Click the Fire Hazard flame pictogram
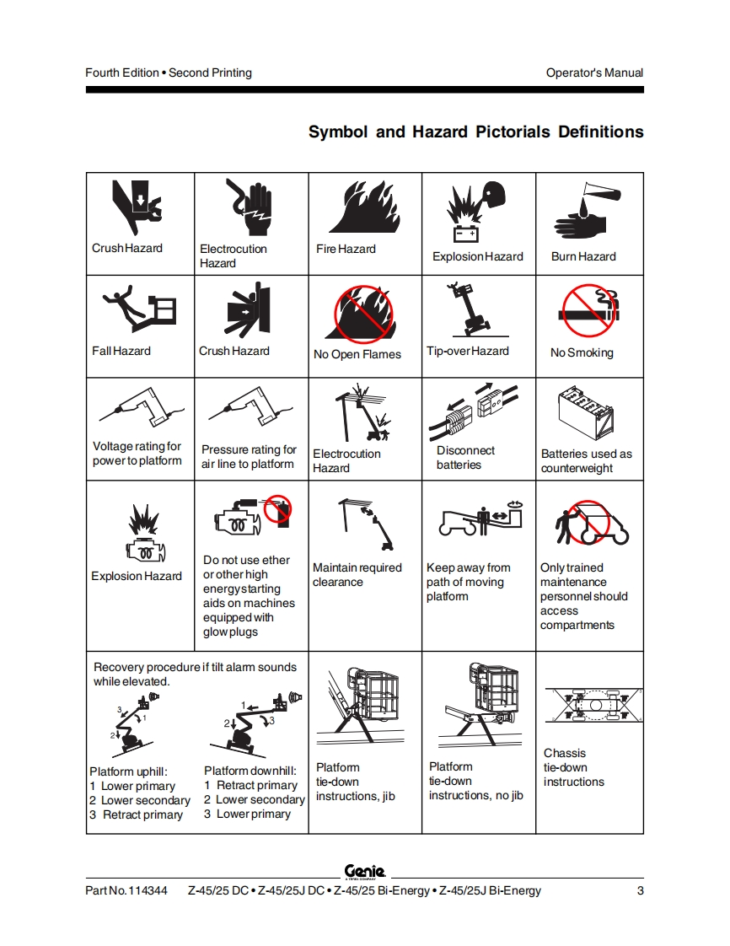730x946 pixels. pyautogui.click(x=364, y=207)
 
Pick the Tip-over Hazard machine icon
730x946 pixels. pyautogui.click(x=468, y=310)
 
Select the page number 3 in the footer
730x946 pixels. pyautogui.click(x=640, y=891)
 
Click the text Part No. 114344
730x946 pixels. pyautogui.click(x=126, y=891)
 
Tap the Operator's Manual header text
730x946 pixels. pyautogui.click(x=594, y=73)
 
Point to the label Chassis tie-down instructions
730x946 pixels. pyautogui.click(x=573, y=767)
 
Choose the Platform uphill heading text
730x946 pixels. pyautogui.click(x=128, y=771)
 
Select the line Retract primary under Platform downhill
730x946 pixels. pyautogui.click(x=251, y=786)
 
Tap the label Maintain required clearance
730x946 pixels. pyautogui.click(x=357, y=575)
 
